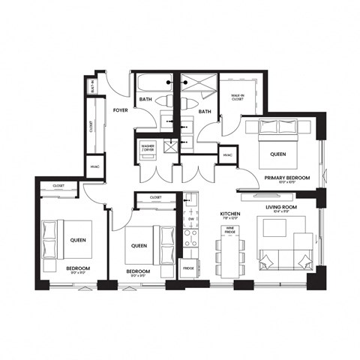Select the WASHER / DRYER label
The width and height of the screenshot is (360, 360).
click(x=147, y=147)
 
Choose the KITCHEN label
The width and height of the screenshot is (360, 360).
click(x=229, y=214)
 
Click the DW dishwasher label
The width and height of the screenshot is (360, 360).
click(x=190, y=219)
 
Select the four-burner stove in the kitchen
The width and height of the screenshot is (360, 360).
click(x=190, y=238)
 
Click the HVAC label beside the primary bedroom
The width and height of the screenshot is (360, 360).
click(x=227, y=154)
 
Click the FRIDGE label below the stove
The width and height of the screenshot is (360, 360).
click(x=189, y=268)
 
